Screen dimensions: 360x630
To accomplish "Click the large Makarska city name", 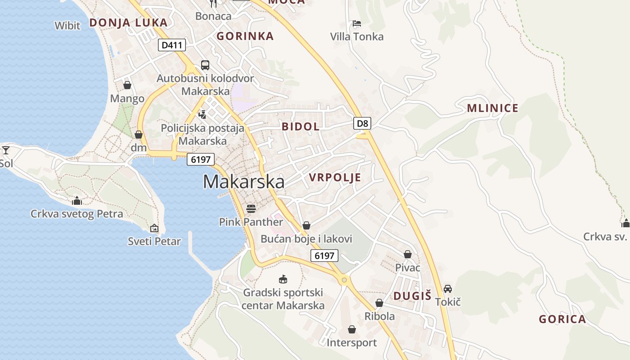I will click(x=243, y=182).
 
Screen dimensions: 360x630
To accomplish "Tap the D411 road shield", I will click(x=172, y=45).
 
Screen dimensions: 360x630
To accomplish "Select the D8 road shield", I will click(x=362, y=123).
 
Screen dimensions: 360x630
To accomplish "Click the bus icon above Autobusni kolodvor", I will click(x=205, y=65).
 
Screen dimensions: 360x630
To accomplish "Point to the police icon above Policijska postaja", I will click(x=202, y=114).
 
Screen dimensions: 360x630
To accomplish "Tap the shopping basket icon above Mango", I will click(x=127, y=85).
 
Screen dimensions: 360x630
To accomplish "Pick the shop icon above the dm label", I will click(x=139, y=135).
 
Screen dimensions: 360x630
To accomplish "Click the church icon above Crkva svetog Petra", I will click(x=77, y=200).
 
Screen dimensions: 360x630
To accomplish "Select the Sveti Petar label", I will click(x=154, y=241).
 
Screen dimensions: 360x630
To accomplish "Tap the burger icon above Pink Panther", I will click(x=251, y=208).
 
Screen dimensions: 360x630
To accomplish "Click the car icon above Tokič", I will click(x=448, y=288).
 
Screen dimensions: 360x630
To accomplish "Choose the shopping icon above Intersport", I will click(x=352, y=330).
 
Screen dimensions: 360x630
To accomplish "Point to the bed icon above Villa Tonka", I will click(x=357, y=23).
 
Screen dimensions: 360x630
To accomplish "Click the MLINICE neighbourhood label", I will click(x=493, y=108).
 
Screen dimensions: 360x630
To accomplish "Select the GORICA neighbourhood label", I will click(x=562, y=319).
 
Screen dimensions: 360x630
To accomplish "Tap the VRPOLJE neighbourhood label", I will click(x=335, y=177).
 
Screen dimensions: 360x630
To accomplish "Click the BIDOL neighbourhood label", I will click(x=301, y=126).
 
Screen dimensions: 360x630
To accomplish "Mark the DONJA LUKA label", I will click(x=128, y=22).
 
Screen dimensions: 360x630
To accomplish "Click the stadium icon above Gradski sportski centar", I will click(x=283, y=279).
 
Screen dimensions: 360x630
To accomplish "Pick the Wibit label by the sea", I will click(x=67, y=26).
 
